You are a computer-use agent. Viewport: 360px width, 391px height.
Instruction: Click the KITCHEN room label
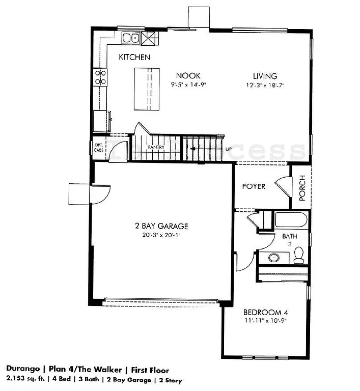tap(134, 57)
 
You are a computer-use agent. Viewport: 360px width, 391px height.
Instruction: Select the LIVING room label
tap(264, 76)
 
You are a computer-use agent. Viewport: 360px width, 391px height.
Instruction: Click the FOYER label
tap(254, 186)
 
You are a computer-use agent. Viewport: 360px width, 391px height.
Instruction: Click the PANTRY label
tap(155, 147)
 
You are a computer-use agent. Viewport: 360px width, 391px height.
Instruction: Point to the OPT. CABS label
tap(99, 148)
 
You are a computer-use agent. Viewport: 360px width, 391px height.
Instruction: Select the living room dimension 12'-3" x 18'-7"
tap(264, 85)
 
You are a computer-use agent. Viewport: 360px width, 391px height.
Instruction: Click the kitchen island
tap(146, 89)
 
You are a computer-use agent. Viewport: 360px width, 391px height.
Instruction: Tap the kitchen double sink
tap(131, 38)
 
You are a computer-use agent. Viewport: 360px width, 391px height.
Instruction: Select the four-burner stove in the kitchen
tap(100, 77)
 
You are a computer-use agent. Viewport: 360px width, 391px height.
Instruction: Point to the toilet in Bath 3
tap(299, 255)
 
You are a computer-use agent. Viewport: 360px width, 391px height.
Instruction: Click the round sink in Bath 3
tap(274, 258)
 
